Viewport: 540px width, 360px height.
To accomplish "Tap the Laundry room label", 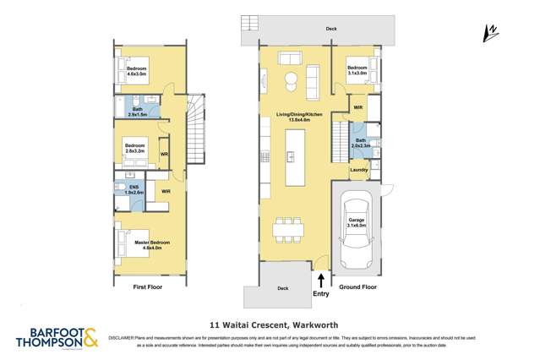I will point(358,170).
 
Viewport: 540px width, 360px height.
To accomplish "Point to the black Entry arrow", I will point(320,277).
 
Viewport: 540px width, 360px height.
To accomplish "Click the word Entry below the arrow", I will point(321,293).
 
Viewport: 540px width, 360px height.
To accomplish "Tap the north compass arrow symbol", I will point(489,33).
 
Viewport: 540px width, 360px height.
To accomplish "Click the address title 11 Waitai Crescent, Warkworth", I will point(270,323).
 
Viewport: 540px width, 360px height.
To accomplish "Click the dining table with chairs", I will point(287,229).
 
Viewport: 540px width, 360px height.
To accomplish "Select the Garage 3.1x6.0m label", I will point(357,221).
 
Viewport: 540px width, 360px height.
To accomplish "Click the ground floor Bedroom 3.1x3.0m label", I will point(357,69).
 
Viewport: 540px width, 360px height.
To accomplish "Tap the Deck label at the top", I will point(330,29).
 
